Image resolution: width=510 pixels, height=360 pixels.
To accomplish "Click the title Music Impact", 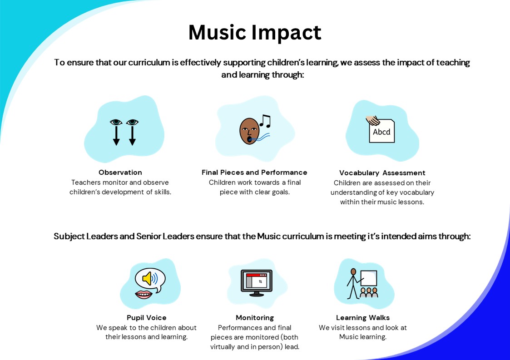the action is coord(255,33).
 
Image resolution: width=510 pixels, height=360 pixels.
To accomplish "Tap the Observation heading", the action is coord(120,173).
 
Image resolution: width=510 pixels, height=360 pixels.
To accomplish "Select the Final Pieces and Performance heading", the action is coord(254,173).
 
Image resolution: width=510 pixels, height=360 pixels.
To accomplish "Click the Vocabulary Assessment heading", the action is coord(382,173).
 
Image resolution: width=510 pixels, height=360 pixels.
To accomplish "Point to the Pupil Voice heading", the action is coord(146,318).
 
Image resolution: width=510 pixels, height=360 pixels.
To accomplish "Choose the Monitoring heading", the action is coord(255,318).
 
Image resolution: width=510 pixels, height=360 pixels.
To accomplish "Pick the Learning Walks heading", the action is coord(363,318).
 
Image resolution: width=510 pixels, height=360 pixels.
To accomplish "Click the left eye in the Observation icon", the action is coord(116,122).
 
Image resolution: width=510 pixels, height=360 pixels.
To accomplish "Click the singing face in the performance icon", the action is coord(249,131).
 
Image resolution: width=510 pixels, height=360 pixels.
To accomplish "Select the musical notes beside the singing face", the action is coord(265,121).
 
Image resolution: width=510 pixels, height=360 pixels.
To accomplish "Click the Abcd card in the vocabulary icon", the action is coord(382,131).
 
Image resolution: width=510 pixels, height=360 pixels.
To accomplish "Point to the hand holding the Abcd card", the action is coord(373,120).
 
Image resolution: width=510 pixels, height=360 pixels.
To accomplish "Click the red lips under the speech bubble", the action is coord(144,295).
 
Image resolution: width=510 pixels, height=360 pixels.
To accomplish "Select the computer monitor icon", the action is coord(257,283).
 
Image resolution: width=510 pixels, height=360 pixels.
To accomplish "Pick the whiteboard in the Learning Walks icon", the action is coord(369,278).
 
